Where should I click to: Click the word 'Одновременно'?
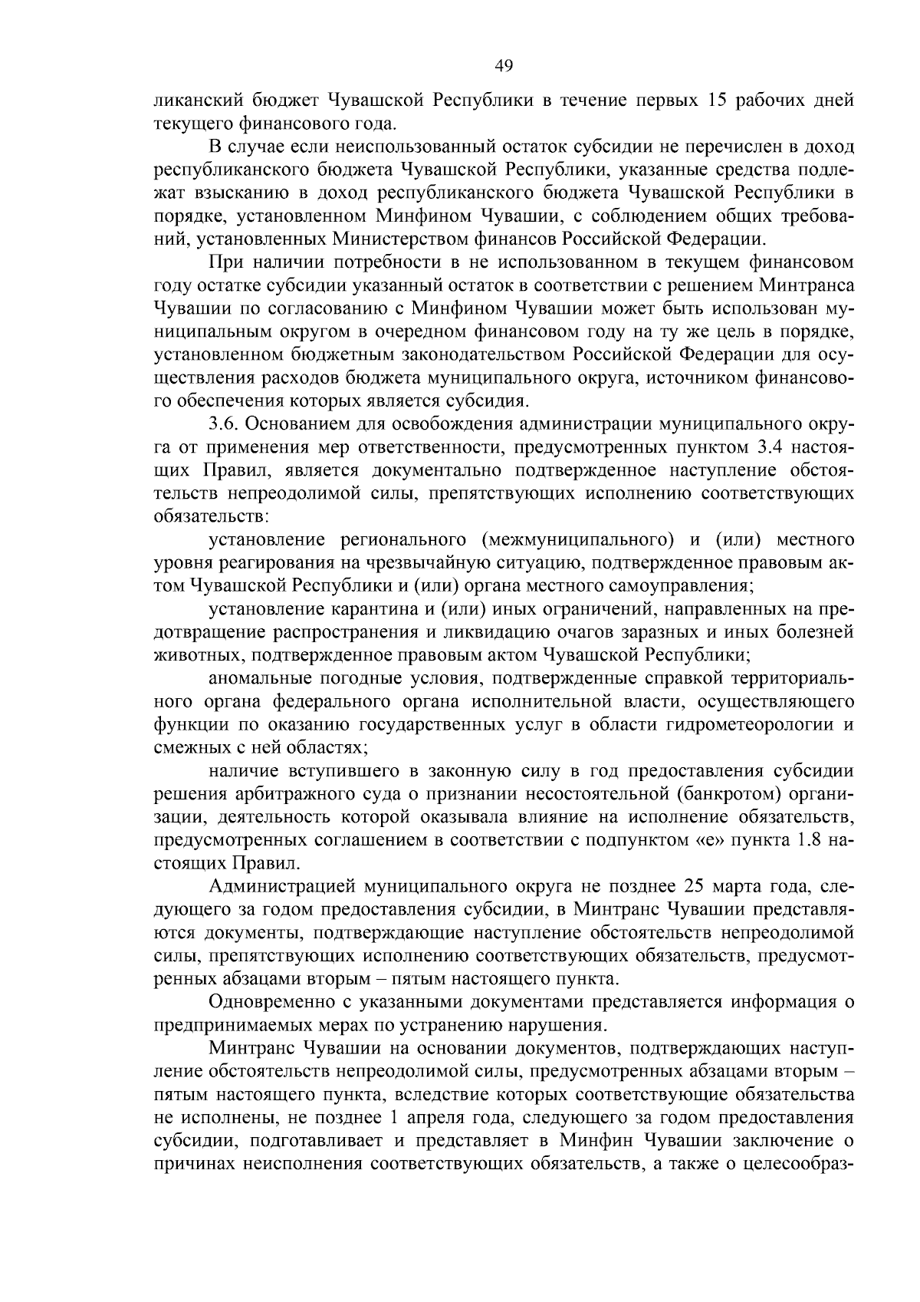[270, 1002]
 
